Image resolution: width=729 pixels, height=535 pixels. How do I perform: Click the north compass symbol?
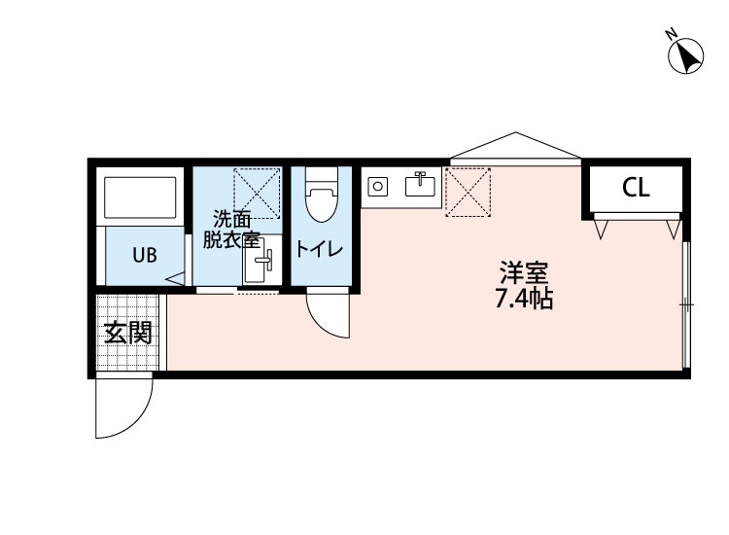point(687,54)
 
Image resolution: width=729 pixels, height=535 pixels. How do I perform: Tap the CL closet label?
point(636,189)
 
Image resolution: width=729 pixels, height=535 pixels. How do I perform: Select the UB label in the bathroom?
point(144,256)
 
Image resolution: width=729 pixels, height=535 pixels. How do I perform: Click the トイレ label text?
point(320,249)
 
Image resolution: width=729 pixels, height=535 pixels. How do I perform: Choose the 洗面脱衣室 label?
point(231,231)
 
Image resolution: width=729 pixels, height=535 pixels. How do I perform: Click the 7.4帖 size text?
point(524,299)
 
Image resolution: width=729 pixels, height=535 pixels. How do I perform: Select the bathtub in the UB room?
point(141,196)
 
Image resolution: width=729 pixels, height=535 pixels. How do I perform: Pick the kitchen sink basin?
point(421,185)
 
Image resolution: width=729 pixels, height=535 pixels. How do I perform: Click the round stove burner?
point(378,185)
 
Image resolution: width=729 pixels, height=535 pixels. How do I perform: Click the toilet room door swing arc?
point(328,313)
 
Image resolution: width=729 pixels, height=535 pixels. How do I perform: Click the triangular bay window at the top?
point(515,146)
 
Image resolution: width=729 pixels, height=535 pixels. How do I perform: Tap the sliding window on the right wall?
point(686,304)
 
